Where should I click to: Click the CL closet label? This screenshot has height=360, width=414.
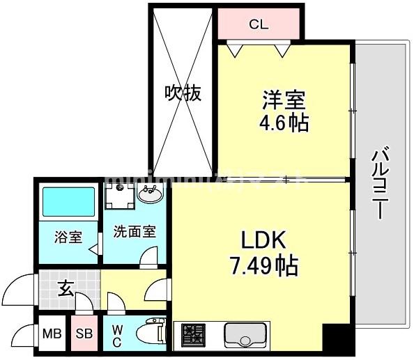click(x=259, y=24)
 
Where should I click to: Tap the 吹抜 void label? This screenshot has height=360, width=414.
click(x=183, y=93)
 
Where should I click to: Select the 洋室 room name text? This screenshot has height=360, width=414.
click(x=283, y=101)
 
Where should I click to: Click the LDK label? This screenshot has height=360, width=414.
click(x=264, y=240)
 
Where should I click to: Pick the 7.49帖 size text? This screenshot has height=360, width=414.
click(x=264, y=265)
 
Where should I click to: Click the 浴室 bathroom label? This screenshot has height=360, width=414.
click(x=68, y=237)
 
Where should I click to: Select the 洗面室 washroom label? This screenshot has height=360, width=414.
click(x=135, y=232)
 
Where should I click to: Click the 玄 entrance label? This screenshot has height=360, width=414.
click(x=64, y=288)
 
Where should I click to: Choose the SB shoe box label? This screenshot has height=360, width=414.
click(x=84, y=334)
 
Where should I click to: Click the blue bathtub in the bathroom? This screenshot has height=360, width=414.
click(x=68, y=202)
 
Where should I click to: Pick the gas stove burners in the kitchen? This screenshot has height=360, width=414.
click(x=192, y=336)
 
